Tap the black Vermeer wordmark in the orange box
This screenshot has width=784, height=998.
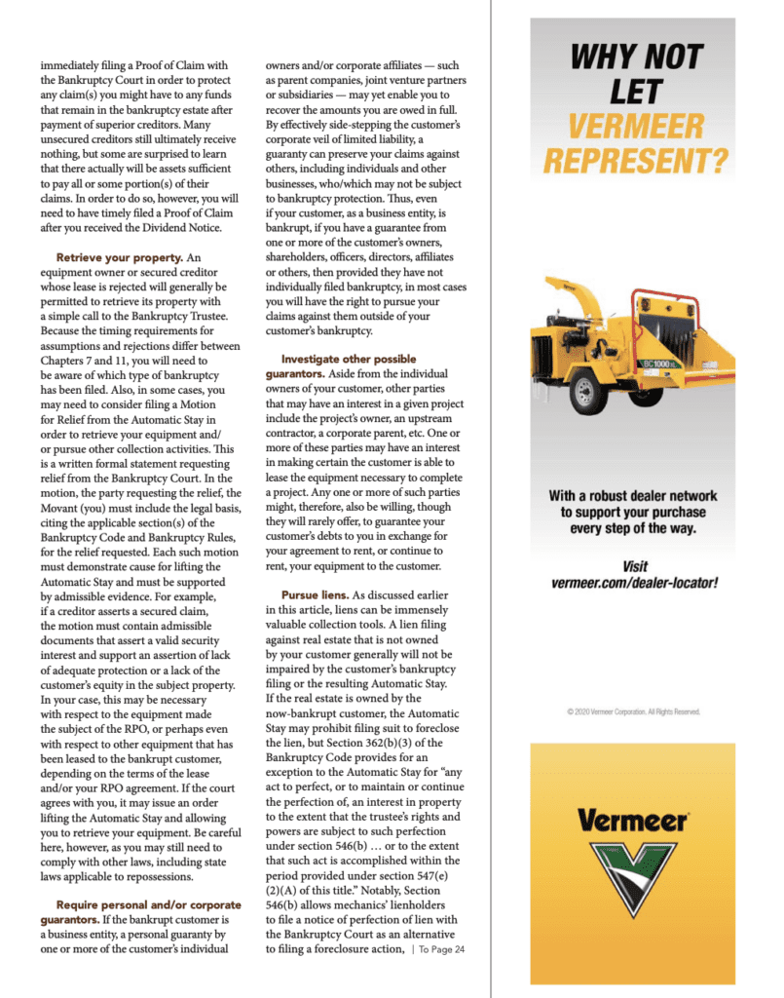633,821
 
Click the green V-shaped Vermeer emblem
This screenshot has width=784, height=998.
634,885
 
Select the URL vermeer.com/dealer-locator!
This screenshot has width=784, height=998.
634,583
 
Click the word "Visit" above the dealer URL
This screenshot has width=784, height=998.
634,565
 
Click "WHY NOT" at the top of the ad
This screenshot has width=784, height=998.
635,56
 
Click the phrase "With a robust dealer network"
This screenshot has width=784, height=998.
634,495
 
